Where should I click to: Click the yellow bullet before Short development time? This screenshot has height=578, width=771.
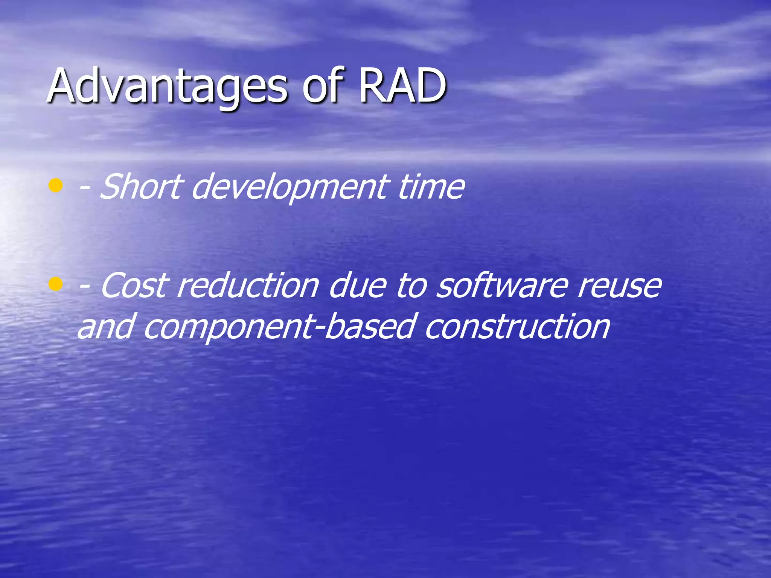pyautogui.click(x=55, y=186)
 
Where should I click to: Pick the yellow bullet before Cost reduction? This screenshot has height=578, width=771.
pyautogui.click(x=55, y=284)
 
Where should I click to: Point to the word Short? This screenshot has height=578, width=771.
pyautogui.click(x=141, y=187)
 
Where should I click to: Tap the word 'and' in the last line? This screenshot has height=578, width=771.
pyautogui.click(x=105, y=327)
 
